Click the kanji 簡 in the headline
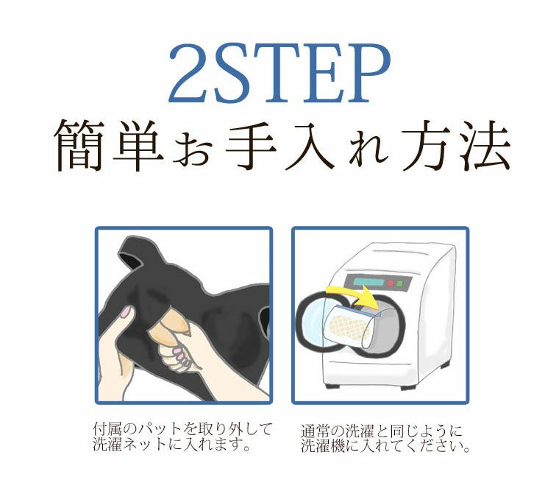point(79,145)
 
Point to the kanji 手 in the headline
point(251,145)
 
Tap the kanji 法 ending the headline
point(485,145)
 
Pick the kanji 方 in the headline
point(427,145)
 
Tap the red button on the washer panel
point(390,283)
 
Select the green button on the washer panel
point(399,283)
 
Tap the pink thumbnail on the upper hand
point(125,313)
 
